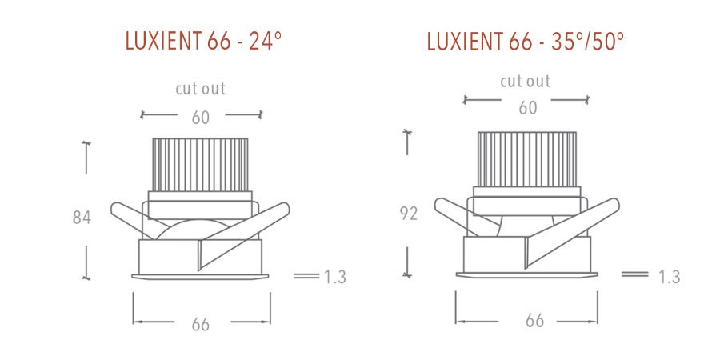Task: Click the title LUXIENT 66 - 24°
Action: point(203,42)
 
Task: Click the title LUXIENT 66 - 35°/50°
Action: point(526,42)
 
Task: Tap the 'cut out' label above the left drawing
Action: point(200,88)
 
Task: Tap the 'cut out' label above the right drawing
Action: point(525,81)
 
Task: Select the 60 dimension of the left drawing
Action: point(200,118)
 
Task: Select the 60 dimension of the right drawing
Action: point(527,108)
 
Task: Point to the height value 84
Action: point(82,217)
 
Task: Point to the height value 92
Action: point(408,214)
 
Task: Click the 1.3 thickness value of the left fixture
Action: point(334,277)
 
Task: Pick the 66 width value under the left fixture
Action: point(201,324)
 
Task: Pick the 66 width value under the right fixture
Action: point(534,321)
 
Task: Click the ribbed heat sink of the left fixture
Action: point(200,165)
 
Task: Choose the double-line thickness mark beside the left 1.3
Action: point(306,276)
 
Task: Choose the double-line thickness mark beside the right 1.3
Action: point(634,274)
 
